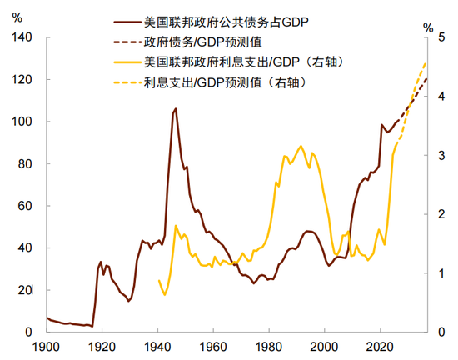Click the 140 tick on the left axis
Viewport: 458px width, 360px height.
click(x=22, y=37)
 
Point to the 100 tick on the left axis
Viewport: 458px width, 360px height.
click(x=22, y=122)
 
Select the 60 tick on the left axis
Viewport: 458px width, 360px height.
click(x=25, y=206)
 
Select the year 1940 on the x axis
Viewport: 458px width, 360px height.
click(x=157, y=346)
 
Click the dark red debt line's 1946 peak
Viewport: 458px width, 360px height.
click(x=175, y=108)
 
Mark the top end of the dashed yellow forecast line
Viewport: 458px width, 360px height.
click(x=426, y=62)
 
